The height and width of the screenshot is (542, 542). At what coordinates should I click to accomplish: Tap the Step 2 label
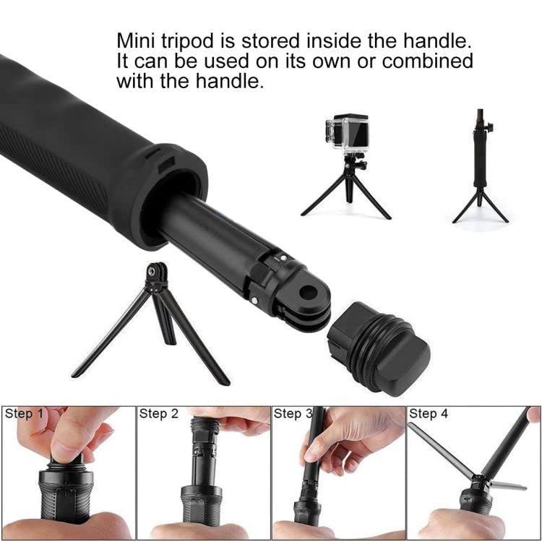(158, 414)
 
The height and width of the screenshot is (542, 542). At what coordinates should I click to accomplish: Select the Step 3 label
(292, 414)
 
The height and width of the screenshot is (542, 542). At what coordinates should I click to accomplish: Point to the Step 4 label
(429, 414)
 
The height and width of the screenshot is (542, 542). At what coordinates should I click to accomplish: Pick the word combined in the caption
(427, 61)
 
